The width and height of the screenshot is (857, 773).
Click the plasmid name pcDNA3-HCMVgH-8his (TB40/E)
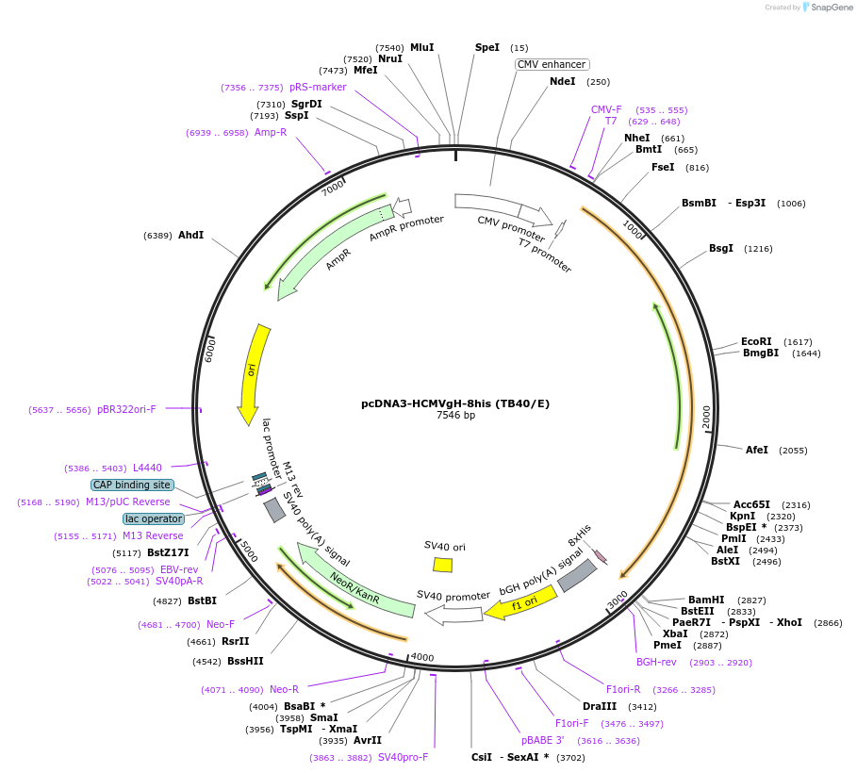455,403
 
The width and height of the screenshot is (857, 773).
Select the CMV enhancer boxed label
552,64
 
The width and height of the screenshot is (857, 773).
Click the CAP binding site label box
132,485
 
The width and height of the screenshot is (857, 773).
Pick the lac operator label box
153,518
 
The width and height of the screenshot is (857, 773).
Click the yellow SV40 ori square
442,565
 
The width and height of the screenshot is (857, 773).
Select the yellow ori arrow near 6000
251,373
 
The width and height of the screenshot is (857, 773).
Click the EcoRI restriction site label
756,341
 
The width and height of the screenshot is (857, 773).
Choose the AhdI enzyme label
190,235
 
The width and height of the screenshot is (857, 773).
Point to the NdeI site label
562,81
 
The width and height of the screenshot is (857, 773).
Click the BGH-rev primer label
656,662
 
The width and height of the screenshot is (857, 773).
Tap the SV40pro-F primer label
403,757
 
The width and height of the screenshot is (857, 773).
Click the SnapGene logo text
832,7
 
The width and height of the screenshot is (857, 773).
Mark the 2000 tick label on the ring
706,414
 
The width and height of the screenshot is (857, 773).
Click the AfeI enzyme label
757,450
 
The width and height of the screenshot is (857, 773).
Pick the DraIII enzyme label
600,706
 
